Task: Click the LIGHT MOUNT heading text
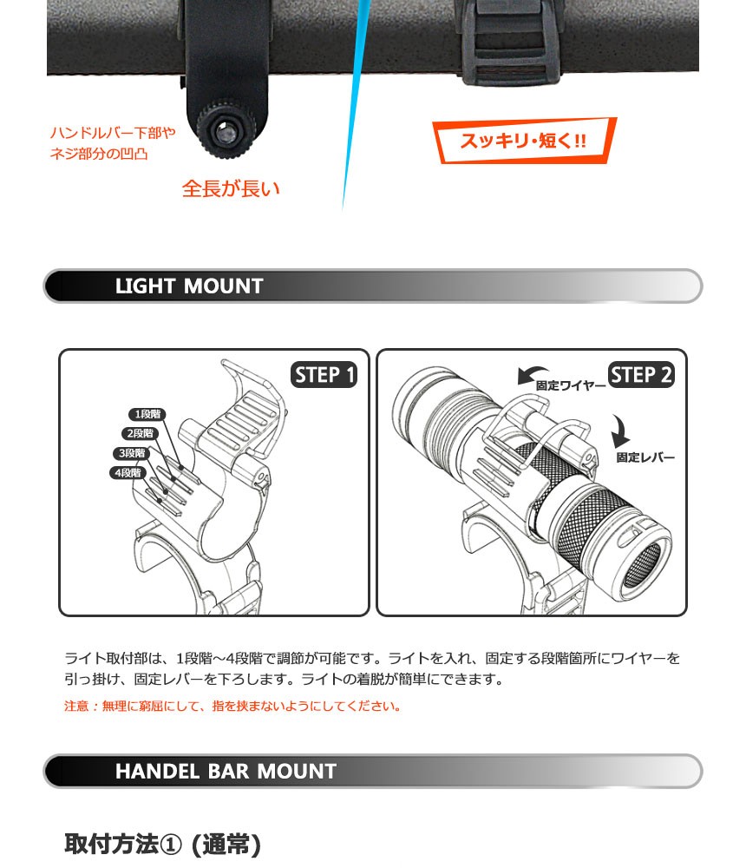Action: (x=189, y=286)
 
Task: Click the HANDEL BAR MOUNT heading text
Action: (x=226, y=771)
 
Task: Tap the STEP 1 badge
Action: (x=324, y=375)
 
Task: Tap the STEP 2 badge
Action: (x=641, y=375)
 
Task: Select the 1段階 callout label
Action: (x=147, y=414)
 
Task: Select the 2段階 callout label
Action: (x=140, y=433)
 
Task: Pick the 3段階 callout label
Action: (x=132, y=453)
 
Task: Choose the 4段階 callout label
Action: (x=128, y=473)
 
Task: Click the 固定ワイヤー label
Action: (x=571, y=386)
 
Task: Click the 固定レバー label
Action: (x=645, y=457)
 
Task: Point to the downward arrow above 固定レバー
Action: (x=621, y=431)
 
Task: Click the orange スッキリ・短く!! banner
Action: (x=524, y=140)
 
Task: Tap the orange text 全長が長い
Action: (x=231, y=188)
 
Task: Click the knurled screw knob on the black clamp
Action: (x=226, y=130)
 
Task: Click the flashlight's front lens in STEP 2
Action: (x=643, y=565)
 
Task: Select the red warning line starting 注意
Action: (x=232, y=706)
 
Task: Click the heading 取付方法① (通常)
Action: (x=162, y=845)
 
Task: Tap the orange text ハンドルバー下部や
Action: (x=113, y=133)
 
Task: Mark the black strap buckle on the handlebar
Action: (x=511, y=43)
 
